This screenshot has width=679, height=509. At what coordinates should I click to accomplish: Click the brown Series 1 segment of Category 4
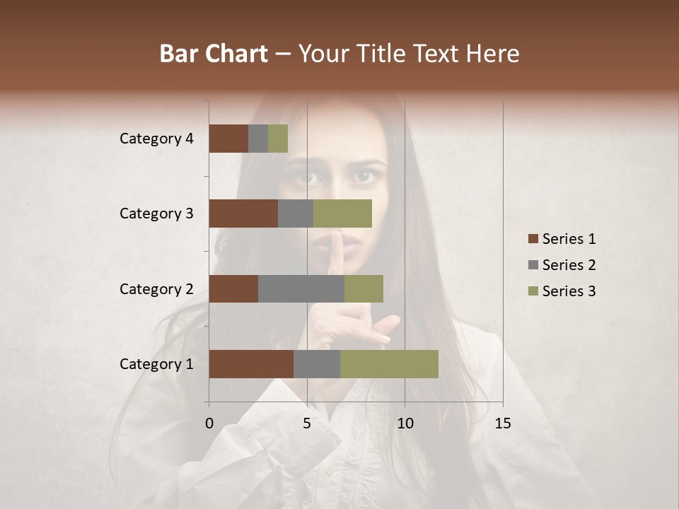[x=228, y=139]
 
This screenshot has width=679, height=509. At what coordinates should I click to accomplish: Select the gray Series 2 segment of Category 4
[x=258, y=139]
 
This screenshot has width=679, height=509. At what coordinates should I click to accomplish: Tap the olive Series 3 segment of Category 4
[x=278, y=139]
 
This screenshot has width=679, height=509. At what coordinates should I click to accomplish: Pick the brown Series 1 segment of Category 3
[x=243, y=213]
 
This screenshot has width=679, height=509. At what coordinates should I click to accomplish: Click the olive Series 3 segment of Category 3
[x=342, y=213]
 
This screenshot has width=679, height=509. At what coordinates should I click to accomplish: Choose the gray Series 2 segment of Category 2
[x=301, y=288]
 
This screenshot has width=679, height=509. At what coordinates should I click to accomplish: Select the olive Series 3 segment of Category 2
[x=364, y=288]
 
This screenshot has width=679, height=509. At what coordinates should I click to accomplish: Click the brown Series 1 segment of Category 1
[x=251, y=364]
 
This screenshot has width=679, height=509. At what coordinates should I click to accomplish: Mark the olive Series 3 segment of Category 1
[x=389, y=364]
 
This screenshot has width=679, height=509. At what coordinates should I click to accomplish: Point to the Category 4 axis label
[x=156, y=139]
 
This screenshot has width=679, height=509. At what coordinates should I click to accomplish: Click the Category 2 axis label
[x=156, y=289]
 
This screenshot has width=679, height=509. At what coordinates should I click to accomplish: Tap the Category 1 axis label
[x=156, y=364]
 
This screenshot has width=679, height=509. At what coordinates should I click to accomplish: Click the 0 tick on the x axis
[x=209, y=423]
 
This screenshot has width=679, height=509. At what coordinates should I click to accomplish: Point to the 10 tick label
[x=405, y=423]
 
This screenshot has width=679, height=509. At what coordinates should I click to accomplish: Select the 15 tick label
[x=502, y=423]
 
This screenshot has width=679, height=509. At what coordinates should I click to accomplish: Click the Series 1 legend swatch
[x=533, y=239]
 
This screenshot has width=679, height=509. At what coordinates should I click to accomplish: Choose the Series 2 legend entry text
[x=569, y=265]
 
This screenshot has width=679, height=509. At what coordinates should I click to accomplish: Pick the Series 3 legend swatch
[x=533, y=291]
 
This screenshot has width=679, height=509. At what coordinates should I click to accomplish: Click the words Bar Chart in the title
[x=214, y=54]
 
